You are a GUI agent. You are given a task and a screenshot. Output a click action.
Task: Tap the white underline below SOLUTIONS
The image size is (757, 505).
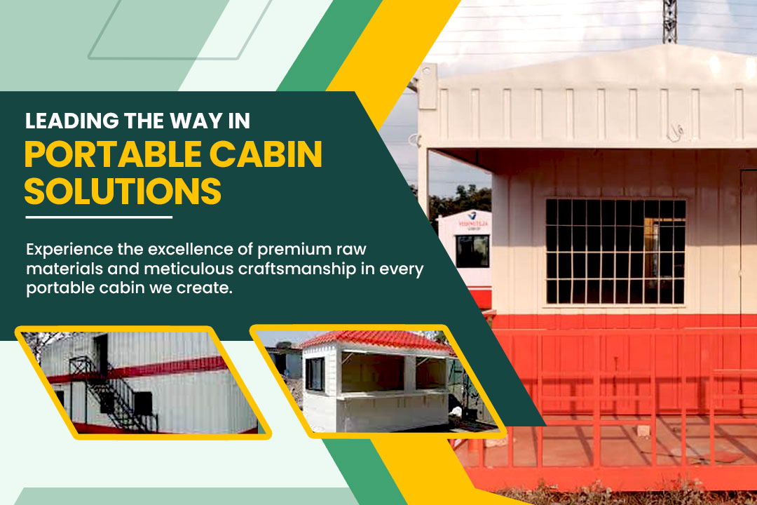coord(98,217)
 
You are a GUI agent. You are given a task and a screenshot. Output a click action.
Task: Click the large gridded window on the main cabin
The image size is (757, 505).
coord(615,251)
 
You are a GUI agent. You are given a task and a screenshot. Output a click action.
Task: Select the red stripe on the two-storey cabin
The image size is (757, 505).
coord(161,370)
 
